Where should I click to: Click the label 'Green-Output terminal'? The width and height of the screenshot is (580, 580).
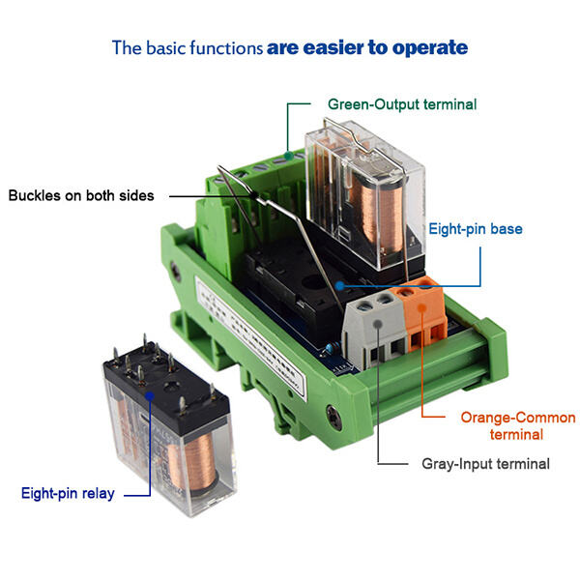coord(402,103)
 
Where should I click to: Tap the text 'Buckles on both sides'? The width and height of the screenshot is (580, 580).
coord(81,195)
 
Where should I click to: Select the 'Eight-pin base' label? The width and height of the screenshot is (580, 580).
coord(476,229)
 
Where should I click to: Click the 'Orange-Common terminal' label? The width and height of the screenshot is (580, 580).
coord(517,426)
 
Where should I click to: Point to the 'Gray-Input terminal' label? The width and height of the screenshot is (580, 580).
coord(485,464)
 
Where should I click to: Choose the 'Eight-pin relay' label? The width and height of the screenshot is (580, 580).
coord(68,494)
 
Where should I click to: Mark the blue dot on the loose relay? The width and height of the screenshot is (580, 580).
coord(148,393)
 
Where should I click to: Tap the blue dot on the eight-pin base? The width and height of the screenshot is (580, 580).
coord(340,285)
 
